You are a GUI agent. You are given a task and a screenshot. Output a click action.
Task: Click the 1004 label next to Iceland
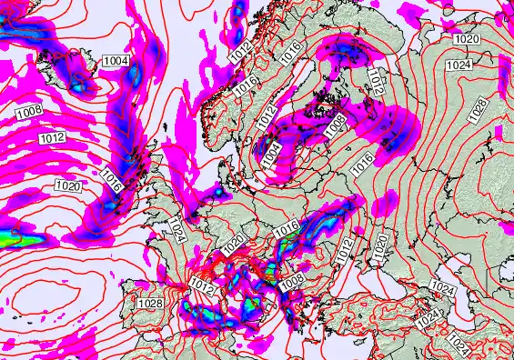point(116,61)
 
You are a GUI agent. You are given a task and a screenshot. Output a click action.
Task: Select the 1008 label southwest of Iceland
point(28,112)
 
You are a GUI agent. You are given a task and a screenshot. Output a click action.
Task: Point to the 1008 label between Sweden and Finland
point(333,121)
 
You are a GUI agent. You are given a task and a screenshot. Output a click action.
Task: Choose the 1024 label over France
point(176,229)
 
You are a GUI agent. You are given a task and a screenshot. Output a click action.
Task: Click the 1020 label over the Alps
point(234,244)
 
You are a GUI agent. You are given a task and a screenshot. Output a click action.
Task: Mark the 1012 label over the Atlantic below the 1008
point(52,138)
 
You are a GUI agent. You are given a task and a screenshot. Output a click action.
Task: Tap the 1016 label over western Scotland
point(112,177)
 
